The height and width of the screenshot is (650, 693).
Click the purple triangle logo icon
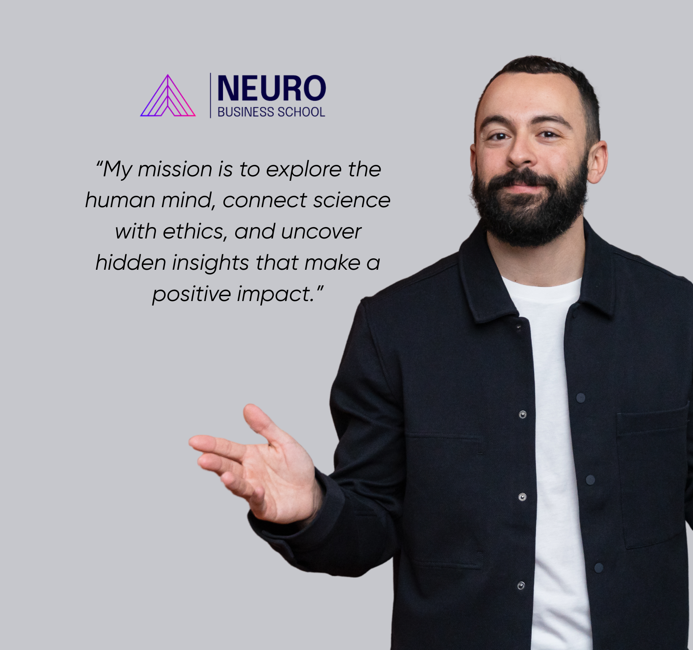coord(168,96)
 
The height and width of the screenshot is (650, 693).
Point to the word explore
coord(304,170)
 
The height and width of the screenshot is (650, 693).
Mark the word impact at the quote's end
coord(277,295)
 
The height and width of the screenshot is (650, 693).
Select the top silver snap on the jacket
coord(523,414)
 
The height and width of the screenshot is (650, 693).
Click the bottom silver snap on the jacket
coord(521,585)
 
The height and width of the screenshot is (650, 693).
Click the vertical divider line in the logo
coord(210,95)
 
